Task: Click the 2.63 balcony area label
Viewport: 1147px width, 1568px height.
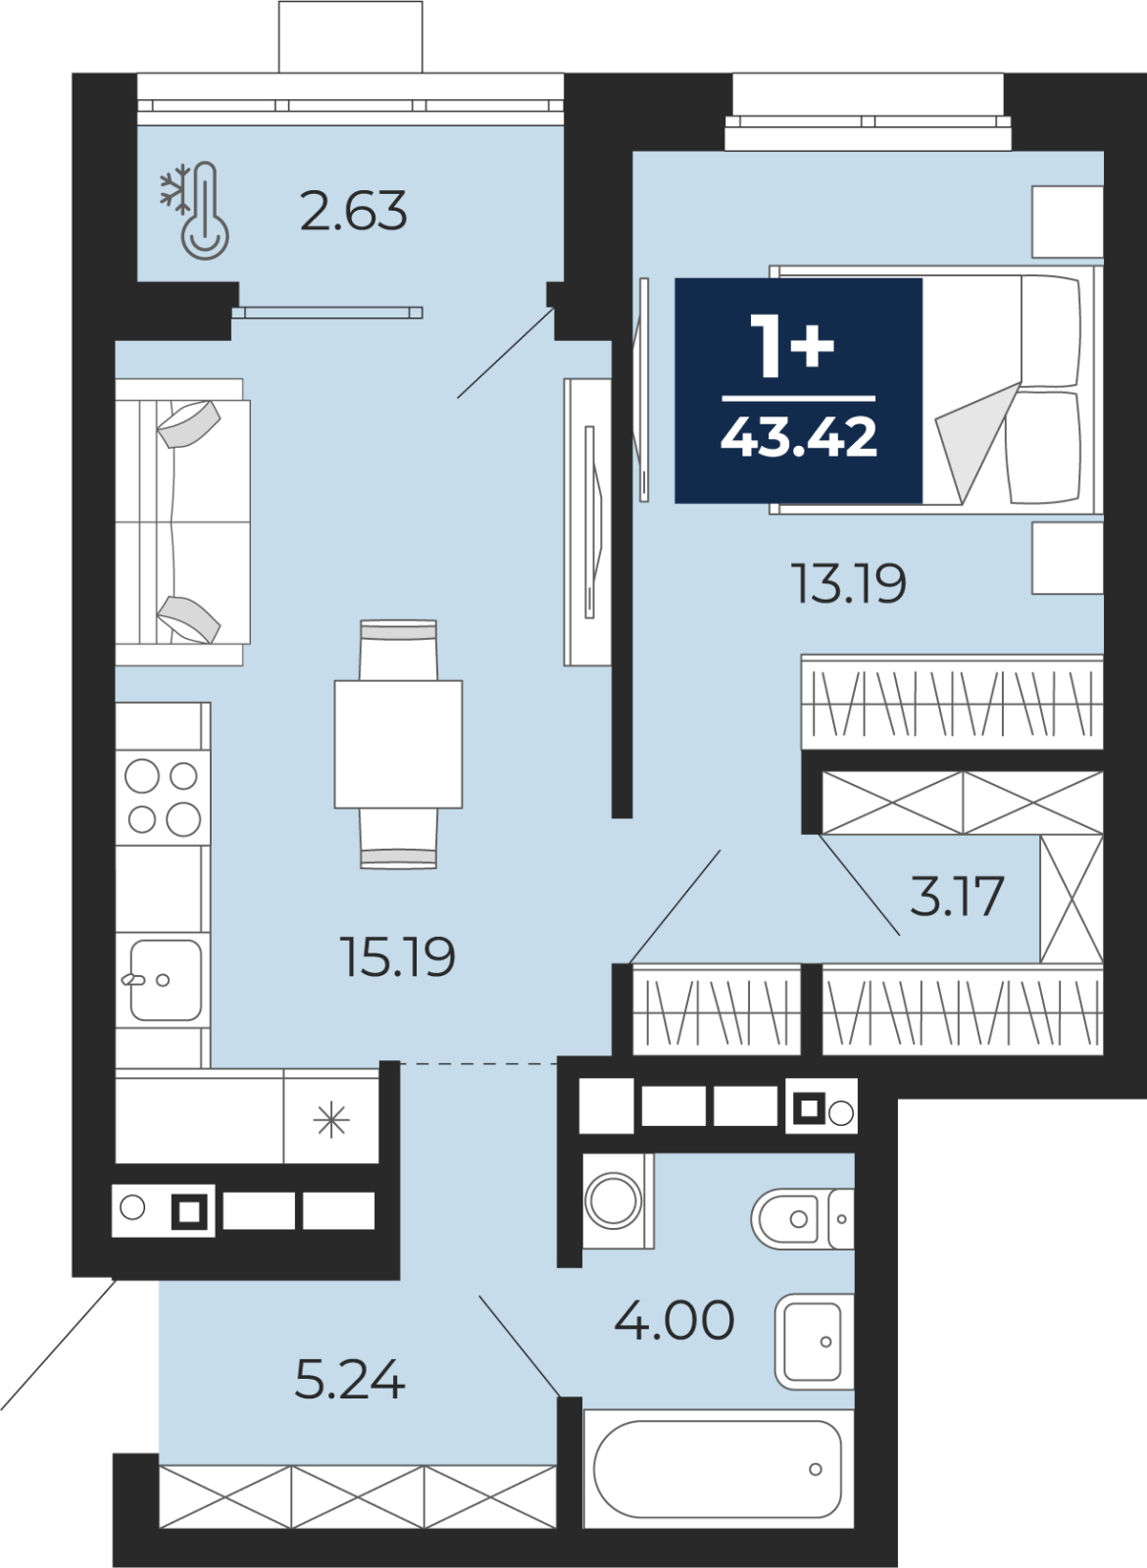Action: coord(354,210)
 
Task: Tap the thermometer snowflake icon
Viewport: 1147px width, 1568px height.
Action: coord(195,211)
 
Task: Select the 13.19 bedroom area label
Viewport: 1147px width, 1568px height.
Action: coord(849,583)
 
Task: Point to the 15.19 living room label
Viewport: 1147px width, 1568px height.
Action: coord(397,956)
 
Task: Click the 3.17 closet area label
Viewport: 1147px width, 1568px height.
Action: coord(957,896)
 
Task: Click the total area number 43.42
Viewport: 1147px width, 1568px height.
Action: coord(799,436)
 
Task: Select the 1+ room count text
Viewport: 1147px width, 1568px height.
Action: coord(792,345)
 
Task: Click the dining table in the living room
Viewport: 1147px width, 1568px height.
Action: coord(398,744)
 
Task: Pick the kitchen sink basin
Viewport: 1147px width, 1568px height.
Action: coord(166,980)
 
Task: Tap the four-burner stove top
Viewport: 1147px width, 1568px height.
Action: coord(163,798)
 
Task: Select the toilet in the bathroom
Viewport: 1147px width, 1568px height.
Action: coord(803,1219)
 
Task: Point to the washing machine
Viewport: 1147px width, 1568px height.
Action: coord(618,1201)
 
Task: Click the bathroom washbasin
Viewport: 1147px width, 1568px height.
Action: coord(815,1342)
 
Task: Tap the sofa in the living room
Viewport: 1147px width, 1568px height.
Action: coord(182,522)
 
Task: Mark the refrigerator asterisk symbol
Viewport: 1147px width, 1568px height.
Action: coord(331,1121)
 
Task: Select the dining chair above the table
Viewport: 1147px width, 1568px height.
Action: coord(398,650)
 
